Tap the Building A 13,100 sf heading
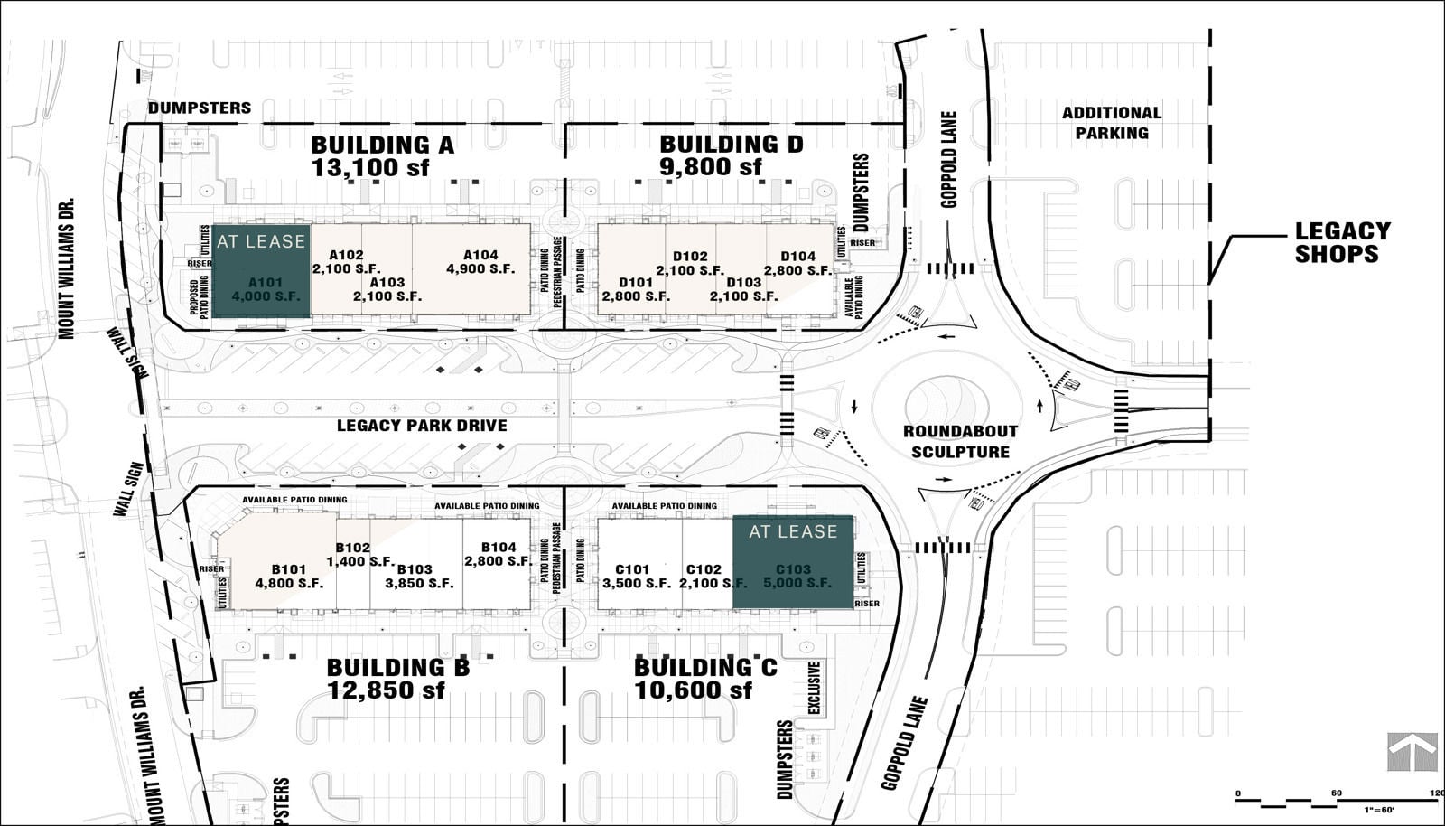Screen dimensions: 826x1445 382,155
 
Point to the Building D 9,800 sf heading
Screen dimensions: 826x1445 731,155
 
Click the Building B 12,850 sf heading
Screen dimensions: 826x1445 397,679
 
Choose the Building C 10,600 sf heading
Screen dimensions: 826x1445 704,679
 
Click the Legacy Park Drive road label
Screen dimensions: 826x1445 422,426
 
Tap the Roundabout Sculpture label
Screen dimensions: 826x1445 960,442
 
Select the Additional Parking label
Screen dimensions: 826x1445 1111,123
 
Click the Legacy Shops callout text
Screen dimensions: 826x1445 1342,243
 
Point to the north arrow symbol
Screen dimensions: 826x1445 1412,751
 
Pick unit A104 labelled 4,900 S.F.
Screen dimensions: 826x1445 480,262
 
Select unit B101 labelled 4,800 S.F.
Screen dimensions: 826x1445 289,577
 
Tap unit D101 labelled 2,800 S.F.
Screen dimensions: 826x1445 636,289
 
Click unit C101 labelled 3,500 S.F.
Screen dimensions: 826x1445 636,577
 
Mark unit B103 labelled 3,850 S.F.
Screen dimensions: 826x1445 418,577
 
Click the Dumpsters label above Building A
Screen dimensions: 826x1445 200,108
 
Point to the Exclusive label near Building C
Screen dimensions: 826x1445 815,689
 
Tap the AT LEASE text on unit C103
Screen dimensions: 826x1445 793,532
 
